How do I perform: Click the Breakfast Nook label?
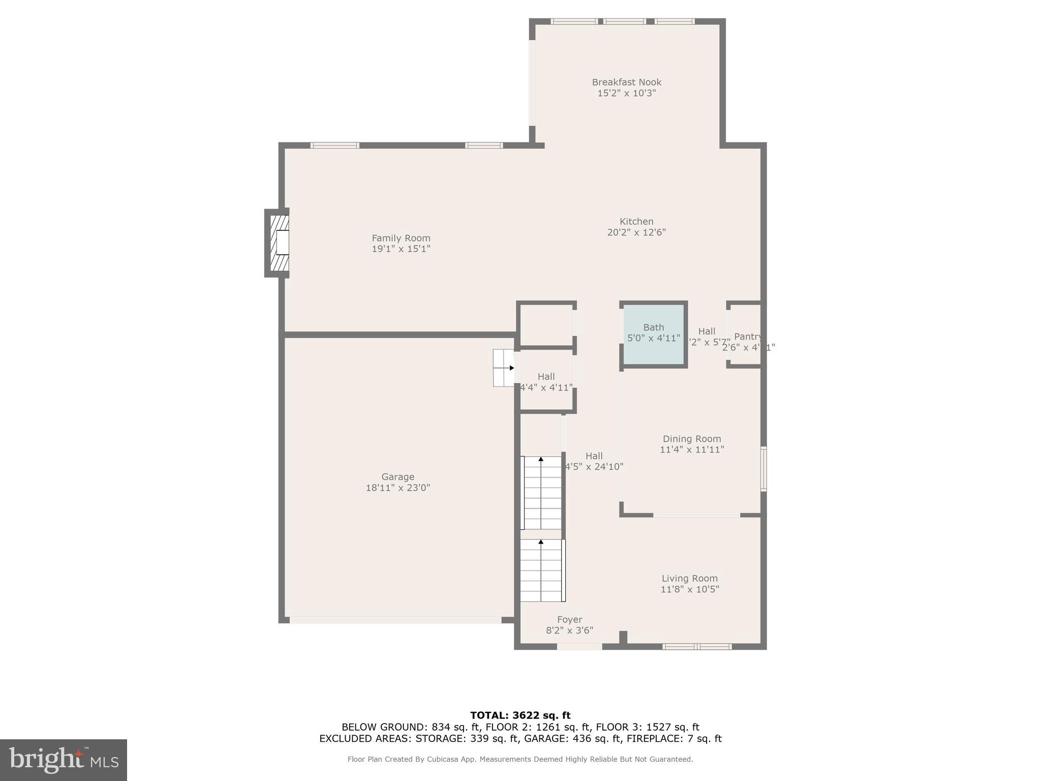click(x=626, y=82)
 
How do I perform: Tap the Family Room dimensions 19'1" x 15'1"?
click(x=401, y=249)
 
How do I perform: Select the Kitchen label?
click(x=636, y=222)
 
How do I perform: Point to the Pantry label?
click(x=747, y=337)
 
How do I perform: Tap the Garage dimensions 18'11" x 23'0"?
click(x=398, y=488)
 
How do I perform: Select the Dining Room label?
click(x=692, y=439)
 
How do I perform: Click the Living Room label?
click(x=689, y=579)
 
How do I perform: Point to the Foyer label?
click(x=569, y=620)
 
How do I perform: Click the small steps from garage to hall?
click(x=504, y=368)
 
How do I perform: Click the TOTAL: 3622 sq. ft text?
click(x=520, y=716)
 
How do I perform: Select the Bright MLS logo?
click(x=64, y=760)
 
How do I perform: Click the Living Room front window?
click(x=697, y=647)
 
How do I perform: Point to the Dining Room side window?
click(x=763, y=469)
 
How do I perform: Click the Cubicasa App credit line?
click(x=520, y=759)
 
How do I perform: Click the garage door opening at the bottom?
click(x=395, y=620)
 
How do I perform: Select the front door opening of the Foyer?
click(x=579, y=647)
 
